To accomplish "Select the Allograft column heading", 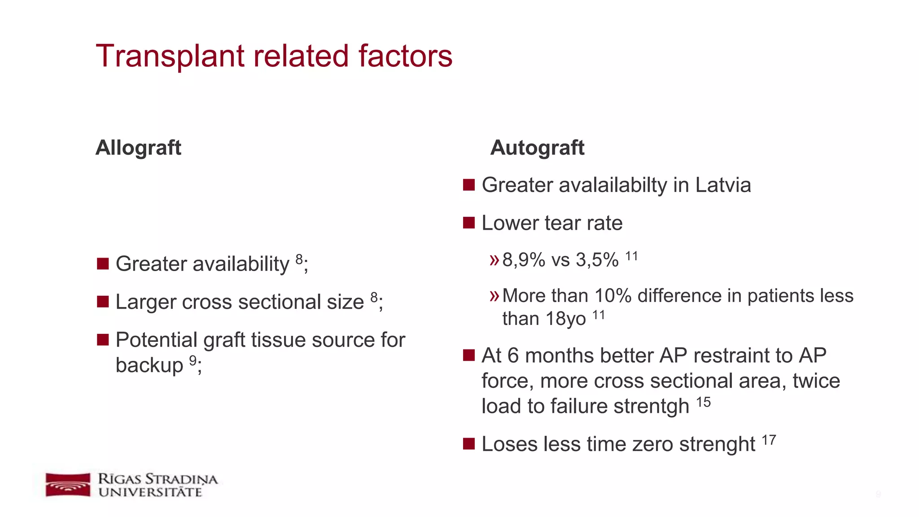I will point(138,148).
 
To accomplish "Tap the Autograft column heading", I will point(537,148).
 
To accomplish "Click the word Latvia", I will point(723,185).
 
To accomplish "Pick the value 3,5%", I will point(597,260).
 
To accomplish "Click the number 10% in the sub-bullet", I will point(613,296).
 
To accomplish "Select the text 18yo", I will point(565,319).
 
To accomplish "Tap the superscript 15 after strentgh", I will point(703,402).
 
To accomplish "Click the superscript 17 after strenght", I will point(769,440).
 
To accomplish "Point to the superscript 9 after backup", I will point(193,360).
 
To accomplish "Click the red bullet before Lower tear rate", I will point(469,223).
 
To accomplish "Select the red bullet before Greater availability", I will point(103,263).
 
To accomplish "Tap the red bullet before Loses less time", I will point(469,444).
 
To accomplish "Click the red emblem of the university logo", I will point(68,485).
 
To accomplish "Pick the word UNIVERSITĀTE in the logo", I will point(150,493).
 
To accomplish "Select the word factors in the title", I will point(405,57).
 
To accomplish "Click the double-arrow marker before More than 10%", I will point(494,296).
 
